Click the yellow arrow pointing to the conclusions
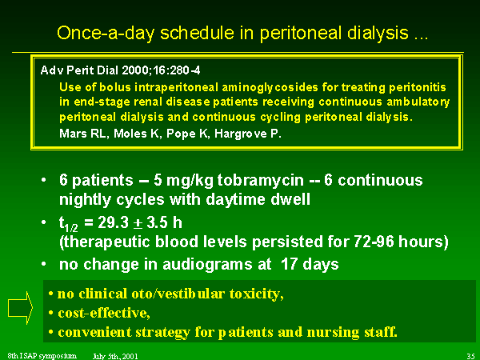click(x=20, y=308)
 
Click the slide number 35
click(x=470, y=356)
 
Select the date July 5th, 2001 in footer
click(x=115, y=356)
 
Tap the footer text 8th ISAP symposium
click(x=42, y=356)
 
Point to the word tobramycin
click(x=261, y=180)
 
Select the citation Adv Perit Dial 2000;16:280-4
click(x=120, y=70)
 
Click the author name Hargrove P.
click(x=248, y=134)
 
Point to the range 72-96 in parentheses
click(x=374, y=242)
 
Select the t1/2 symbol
click(x=68, y=223)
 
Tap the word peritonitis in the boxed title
click(x=418, y=87)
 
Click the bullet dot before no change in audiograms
click(x=44, y=263)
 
